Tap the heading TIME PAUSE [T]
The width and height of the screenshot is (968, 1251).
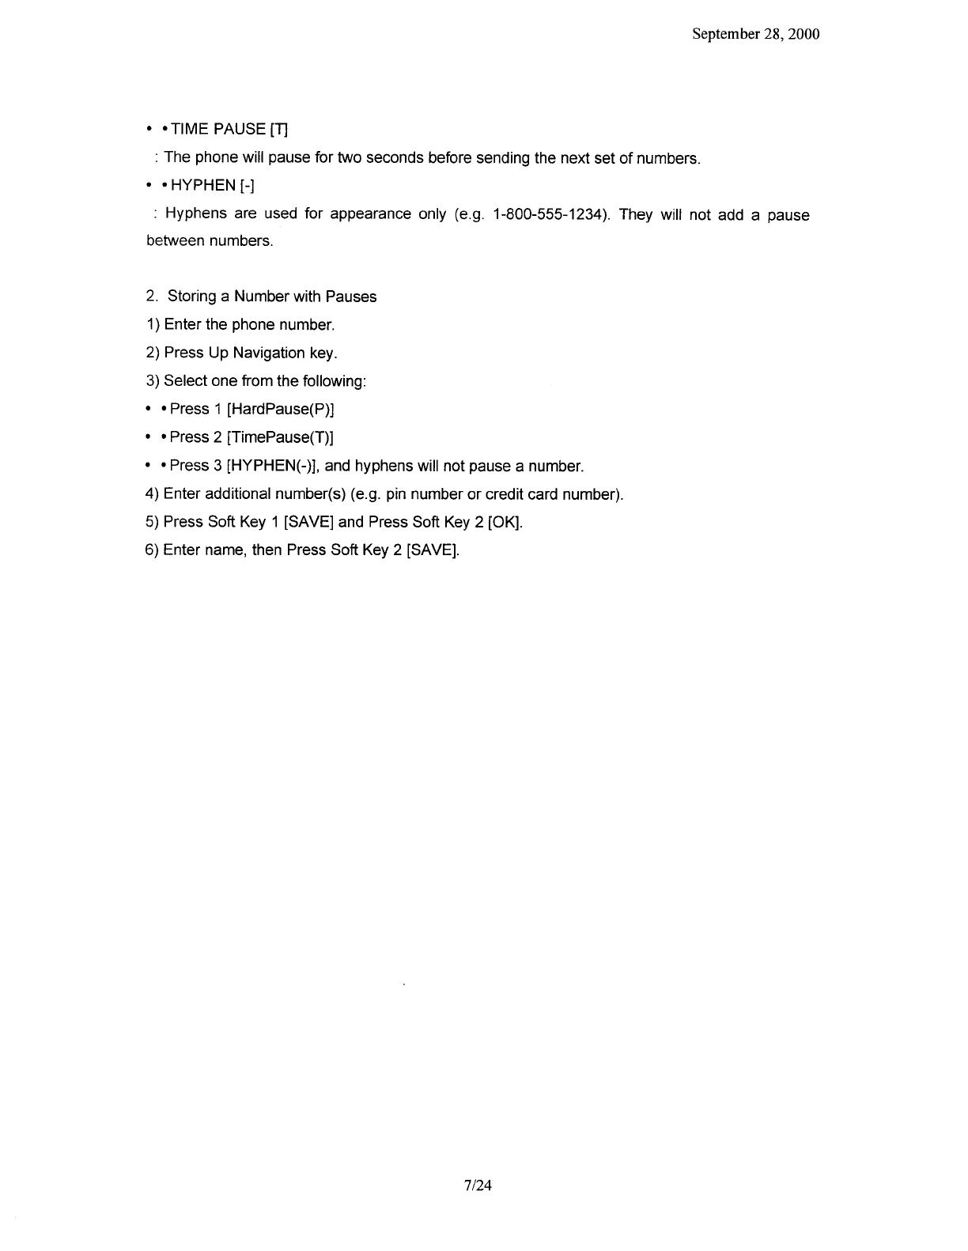pos(224,129)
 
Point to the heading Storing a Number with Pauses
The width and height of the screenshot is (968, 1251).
pos(272,297)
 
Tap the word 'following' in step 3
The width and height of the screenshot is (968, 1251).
pos(333,381)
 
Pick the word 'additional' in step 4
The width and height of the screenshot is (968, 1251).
pos(238,494)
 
